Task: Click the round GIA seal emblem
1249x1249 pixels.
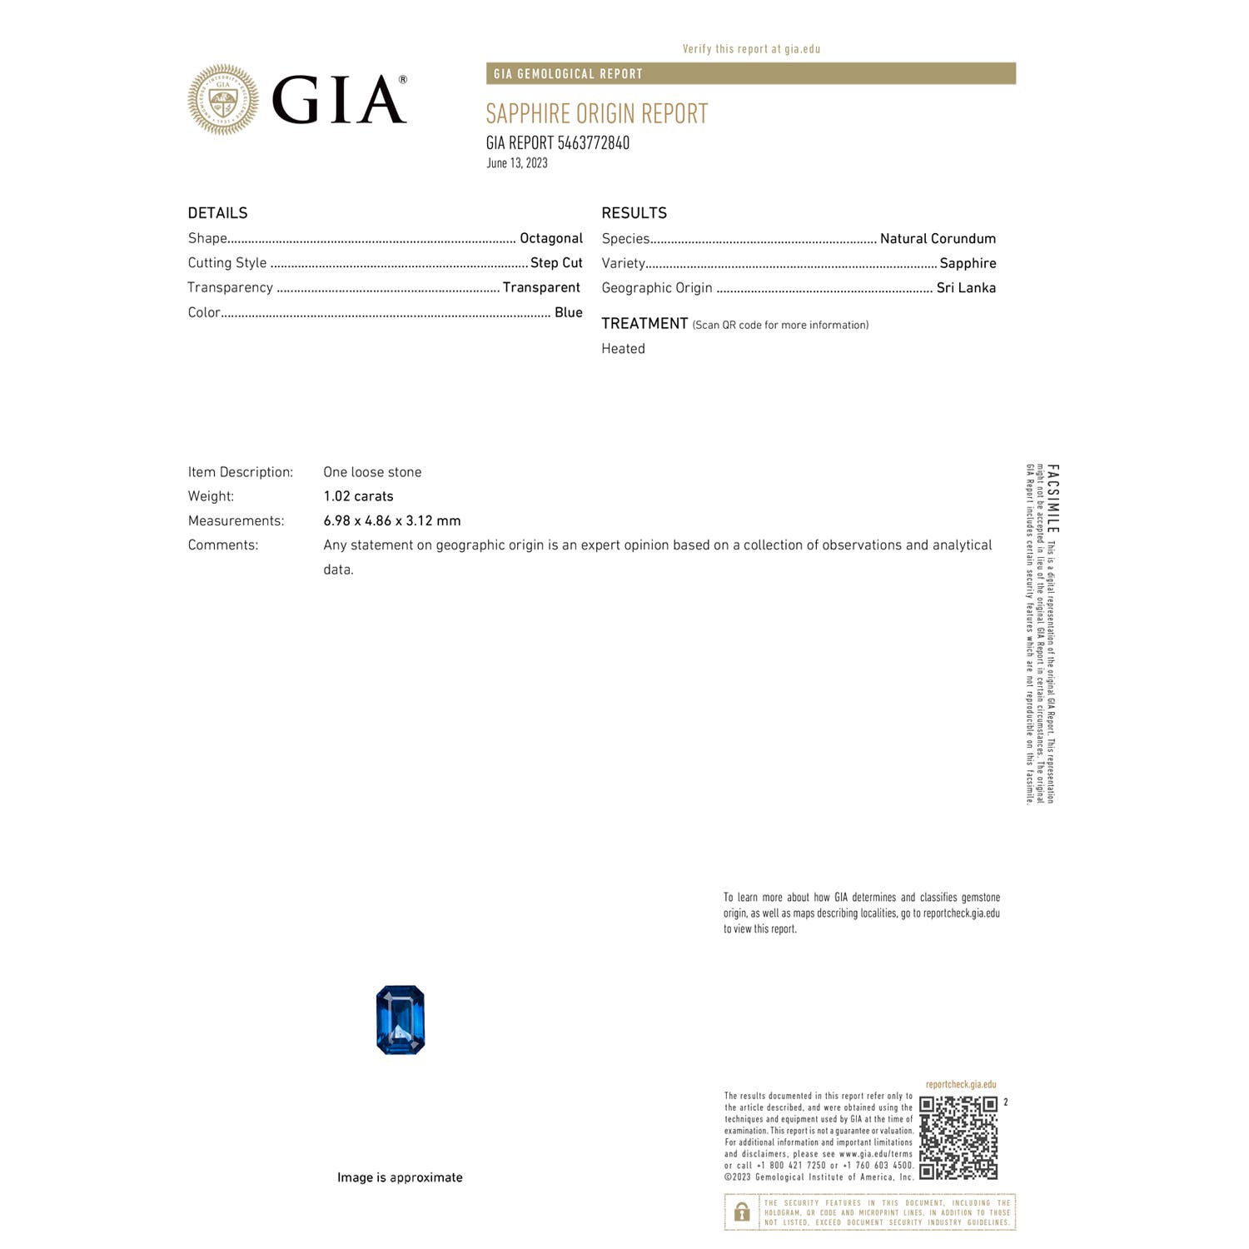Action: tap(223, 100)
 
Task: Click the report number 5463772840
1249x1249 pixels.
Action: tap(593, 143)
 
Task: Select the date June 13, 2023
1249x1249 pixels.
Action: tap(517, 163)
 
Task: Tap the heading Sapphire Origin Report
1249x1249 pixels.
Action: tap(596, 113)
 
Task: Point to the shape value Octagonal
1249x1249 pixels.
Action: tap(550, 238)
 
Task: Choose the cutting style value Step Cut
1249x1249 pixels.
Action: tap(556, 263)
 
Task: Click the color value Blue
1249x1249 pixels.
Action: tap(568, 312)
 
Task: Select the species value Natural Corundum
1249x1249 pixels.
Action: tap(938, 238)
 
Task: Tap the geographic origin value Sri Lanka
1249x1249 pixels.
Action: tap(966, 287)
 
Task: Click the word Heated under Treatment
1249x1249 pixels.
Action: tap(623, 349)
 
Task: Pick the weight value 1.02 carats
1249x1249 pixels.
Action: tap(358, 496)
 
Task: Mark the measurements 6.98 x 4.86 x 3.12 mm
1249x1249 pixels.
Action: tap(391, 520)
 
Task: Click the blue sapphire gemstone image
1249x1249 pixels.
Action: tap(401, 1020)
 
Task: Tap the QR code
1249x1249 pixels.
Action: tap(958, 1137)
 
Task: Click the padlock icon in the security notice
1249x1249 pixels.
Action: tap(741, 1212)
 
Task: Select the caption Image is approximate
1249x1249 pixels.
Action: tap(400, 1177)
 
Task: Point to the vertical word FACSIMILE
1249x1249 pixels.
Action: tap(1053, 499)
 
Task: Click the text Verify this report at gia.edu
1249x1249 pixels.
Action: tap(751, 49)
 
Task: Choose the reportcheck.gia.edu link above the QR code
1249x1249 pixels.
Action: tap(960, 1084)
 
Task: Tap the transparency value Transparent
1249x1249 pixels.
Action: tap(541, 287)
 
